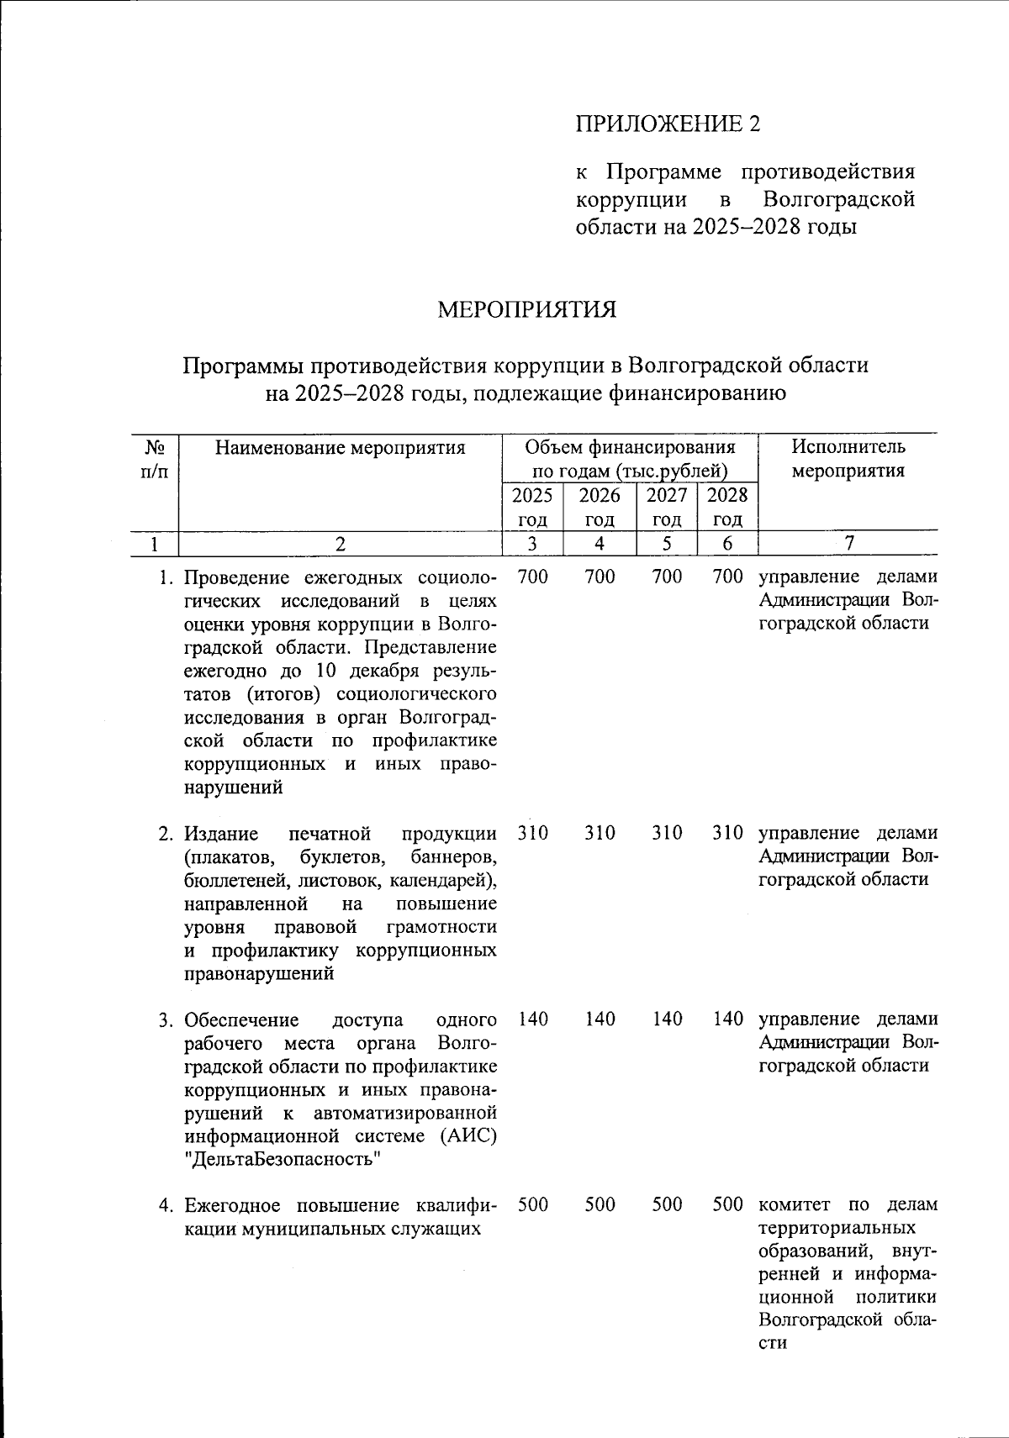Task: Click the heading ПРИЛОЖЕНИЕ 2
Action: pos(667,124)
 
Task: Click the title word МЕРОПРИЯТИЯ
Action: pos(526,310)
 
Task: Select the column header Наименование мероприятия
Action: pos(340,447)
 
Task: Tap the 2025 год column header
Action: pos(532,507)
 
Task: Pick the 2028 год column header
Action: pos(727,507)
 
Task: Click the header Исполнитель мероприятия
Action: pos(848,458)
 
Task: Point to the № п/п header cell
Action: pos(155,458)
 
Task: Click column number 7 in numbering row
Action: pos(849,544)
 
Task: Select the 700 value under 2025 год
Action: pos(533,577)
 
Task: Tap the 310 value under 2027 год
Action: pos(667,833)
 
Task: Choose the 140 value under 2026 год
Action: pos(600,1019)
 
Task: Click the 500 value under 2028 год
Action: pos(728,1205)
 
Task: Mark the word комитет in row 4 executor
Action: pos(795,1205)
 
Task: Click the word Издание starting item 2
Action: pos(221,834)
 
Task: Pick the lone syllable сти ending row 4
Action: pos(773,1343)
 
